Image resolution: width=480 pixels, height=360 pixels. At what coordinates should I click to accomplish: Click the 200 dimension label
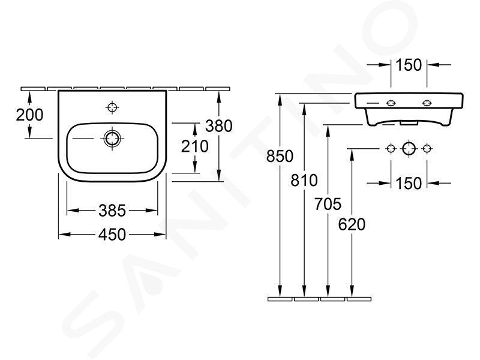coord(29,115)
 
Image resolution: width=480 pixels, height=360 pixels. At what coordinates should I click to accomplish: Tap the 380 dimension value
coord(219,126)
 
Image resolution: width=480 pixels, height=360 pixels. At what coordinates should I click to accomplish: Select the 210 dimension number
coord(194,146)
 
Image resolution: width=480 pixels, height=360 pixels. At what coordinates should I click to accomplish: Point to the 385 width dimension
coord(112,211)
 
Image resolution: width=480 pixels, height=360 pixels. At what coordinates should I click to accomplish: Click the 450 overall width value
coord(112,235)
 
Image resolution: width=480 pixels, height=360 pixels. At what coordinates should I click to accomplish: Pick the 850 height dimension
coord(280,156)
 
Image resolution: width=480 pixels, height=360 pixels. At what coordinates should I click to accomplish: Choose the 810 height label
coord(304,181)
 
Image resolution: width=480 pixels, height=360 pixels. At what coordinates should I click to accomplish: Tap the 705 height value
coord(328,204)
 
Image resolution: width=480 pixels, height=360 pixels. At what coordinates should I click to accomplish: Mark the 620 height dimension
coord(352,224)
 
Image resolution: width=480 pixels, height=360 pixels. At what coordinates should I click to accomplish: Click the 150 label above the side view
coord(409,65)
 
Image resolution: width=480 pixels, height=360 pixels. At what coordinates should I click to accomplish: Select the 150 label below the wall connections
coord(409,184)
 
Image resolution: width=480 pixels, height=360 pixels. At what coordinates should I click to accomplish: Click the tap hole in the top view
coord(112,107)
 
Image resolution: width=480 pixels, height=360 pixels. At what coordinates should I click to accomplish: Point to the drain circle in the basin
coord(112,139)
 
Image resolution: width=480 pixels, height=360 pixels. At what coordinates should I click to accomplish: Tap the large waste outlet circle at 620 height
coord(409,149)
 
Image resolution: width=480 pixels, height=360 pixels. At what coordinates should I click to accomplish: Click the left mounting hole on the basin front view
coord(391,103)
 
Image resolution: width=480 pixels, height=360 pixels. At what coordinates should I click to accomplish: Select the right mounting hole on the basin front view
coord(427,103)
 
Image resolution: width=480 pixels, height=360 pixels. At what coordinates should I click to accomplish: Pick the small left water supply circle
coord(391,149)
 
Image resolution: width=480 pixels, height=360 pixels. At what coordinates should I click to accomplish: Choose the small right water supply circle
coord(427,149)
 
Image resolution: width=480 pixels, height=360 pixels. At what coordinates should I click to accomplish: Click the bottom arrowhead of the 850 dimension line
coord(280,292)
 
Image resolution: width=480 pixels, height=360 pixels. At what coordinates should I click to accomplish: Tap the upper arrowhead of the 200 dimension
coord(29,97)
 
